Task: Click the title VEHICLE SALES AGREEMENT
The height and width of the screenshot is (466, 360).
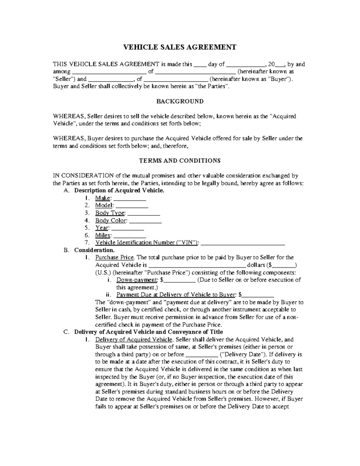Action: click(x=180, y=47)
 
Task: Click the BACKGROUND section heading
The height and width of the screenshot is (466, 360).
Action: click(x=180, y=101)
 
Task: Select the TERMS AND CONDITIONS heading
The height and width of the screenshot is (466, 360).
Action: click(x=180, y=160)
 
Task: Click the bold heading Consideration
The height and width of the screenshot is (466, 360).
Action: click(x=94, y=250)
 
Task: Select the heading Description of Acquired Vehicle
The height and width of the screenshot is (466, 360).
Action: click(x=119, y=191)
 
